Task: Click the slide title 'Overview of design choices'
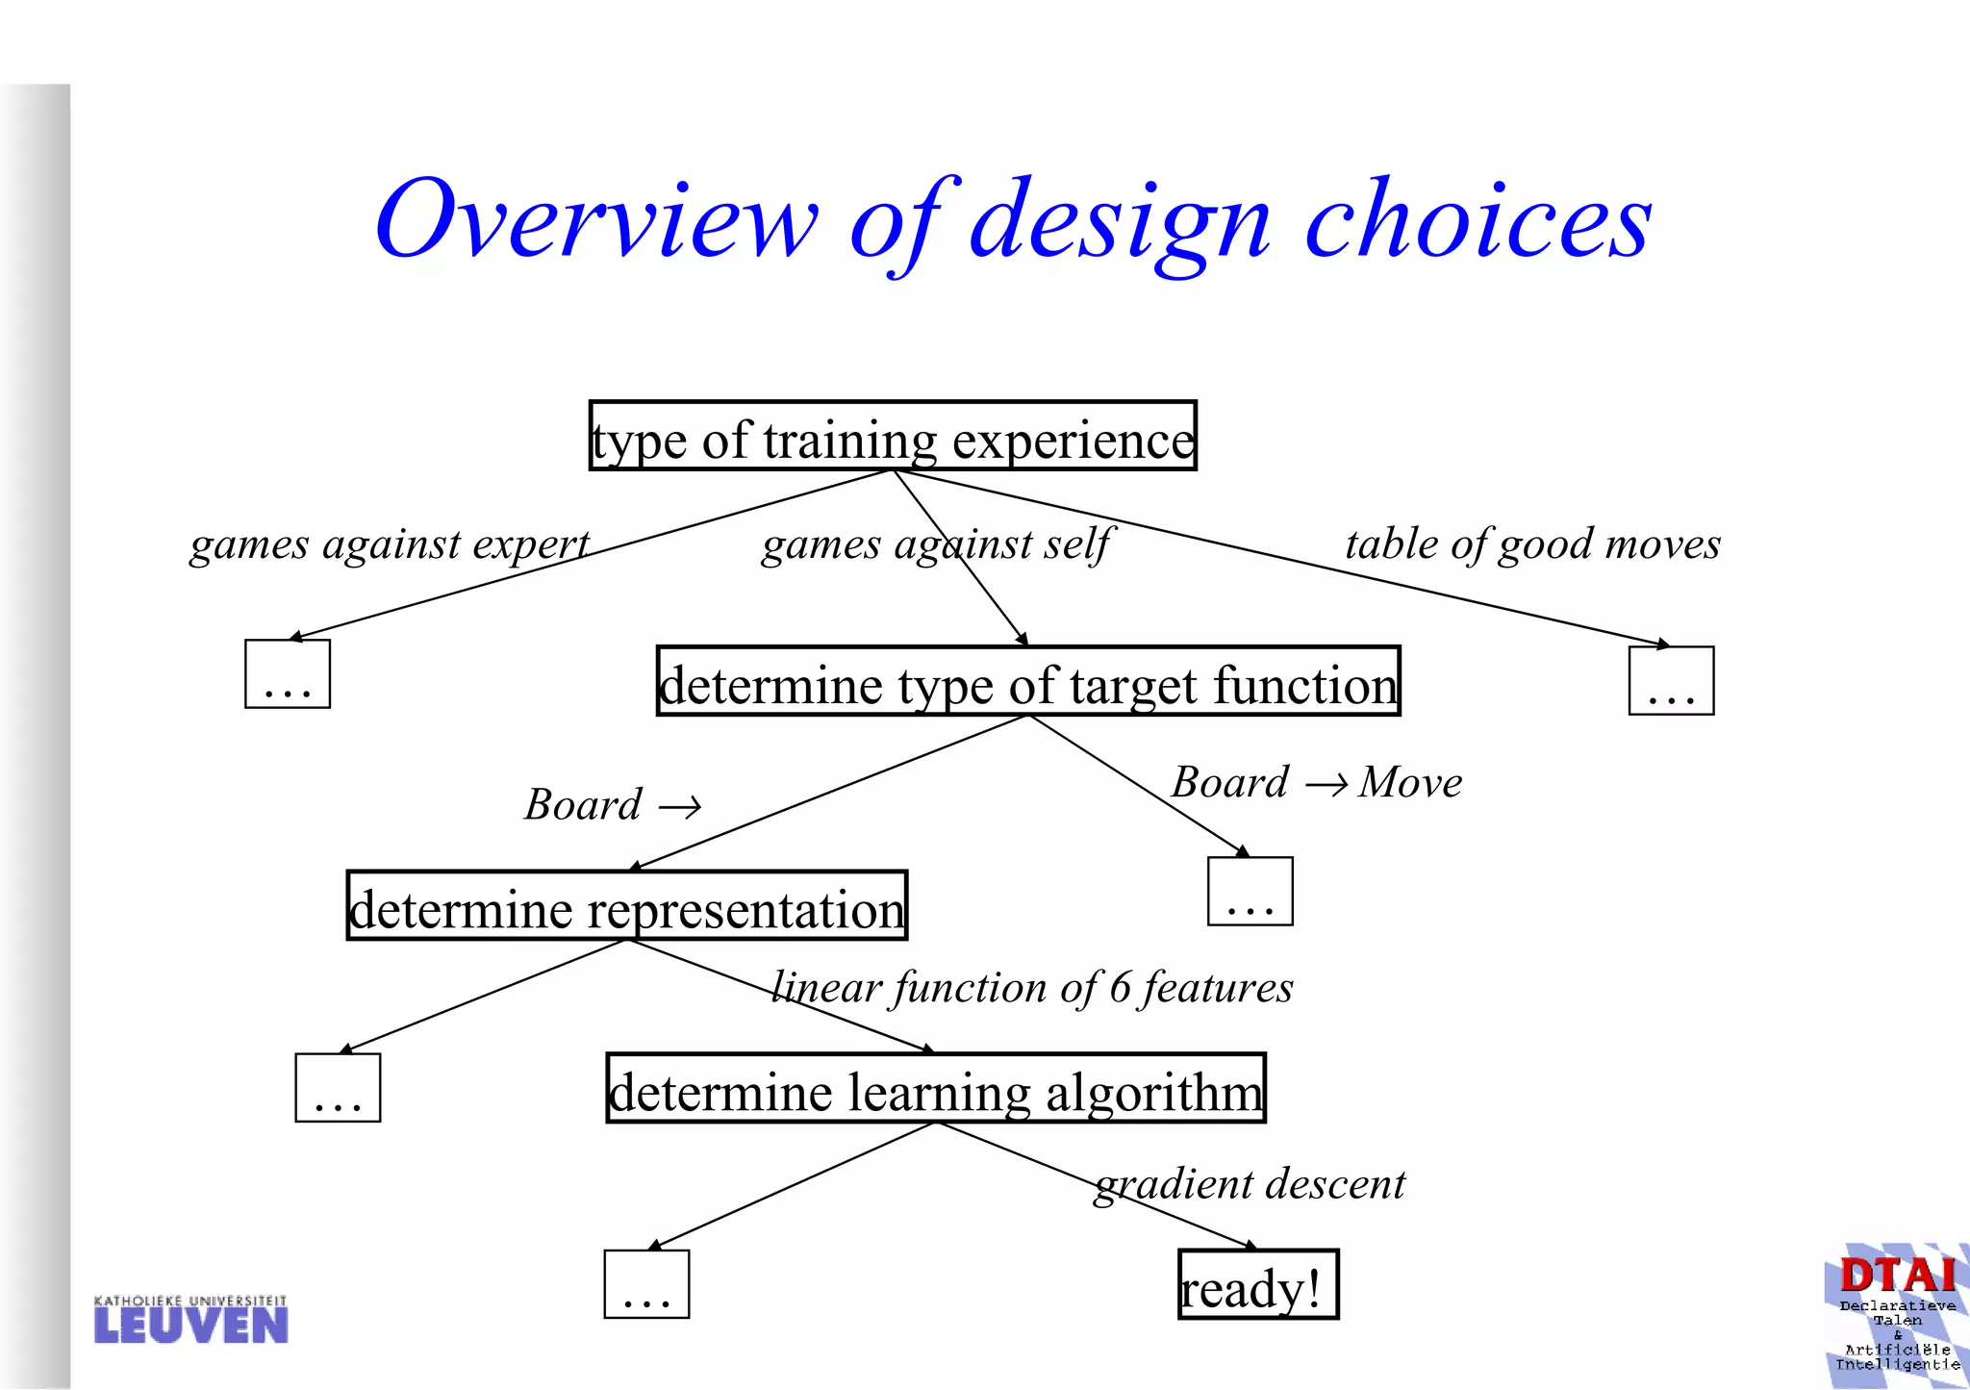[1013, 221]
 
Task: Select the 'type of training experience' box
[893, 437]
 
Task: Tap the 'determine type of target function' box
[1028, 682]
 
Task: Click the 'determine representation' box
[627, 906]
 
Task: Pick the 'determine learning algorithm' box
[936, 1089]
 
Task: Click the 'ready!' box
[1258, 1285]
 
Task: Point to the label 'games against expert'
[389, 544]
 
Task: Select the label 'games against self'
[935, 544]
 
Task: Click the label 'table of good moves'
[1532, 544]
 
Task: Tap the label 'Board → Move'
[1317, 783]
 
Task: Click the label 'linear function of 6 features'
[1032, 988]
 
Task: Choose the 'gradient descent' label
[1250, 1184]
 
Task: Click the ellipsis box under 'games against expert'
[288, 674]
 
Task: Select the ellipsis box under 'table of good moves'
[1671, 681]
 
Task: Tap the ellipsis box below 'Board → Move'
[1250, 892]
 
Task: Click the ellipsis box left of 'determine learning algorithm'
[338, 1088]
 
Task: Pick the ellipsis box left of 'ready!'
[646, 1284]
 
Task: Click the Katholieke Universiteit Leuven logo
[190, 1320]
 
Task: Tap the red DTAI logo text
[1897, 1276]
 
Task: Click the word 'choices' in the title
[1477, 221]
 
